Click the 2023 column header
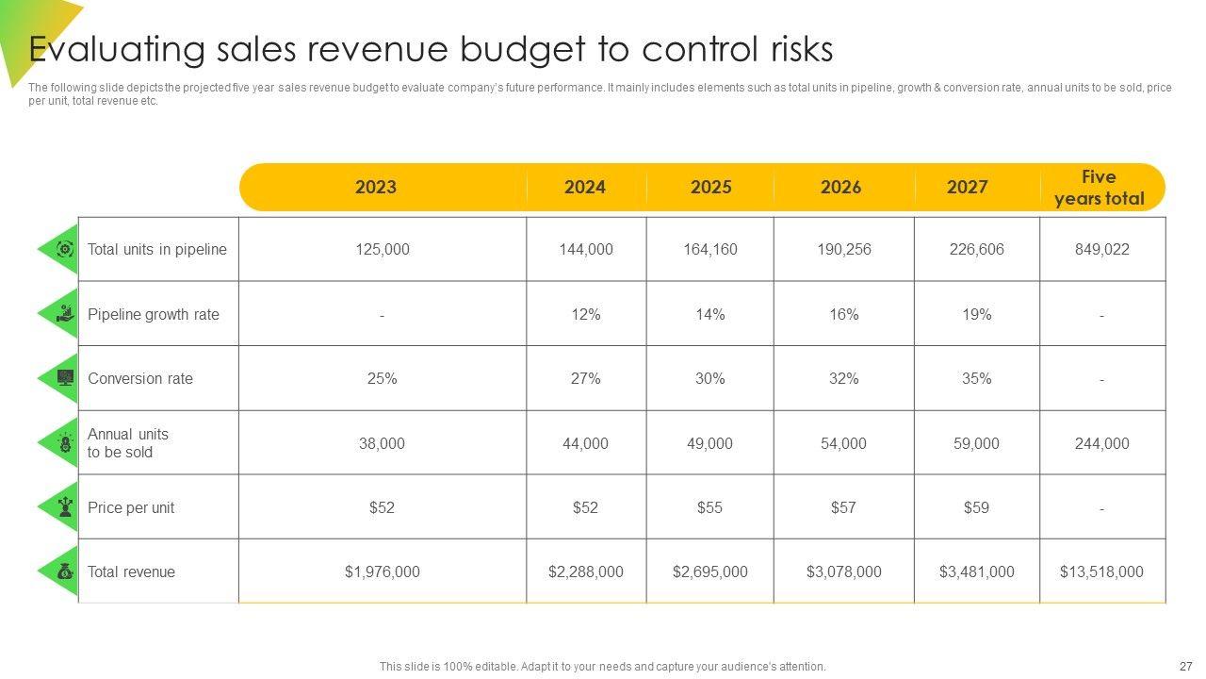376,187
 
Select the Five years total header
1099,188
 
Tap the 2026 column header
840,187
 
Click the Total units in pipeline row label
157,250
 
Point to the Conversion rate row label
140,379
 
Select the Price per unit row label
131,507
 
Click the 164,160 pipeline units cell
710,250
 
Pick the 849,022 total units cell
1101,250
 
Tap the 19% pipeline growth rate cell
977,314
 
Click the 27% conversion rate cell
586,379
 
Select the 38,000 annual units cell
382,443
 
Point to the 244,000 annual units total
1101,443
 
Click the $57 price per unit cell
843,507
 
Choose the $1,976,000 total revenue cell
382,571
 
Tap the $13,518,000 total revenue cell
1101,571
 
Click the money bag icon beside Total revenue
64,571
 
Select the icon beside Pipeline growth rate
64,314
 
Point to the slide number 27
1185,666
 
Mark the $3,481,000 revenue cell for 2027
977,571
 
